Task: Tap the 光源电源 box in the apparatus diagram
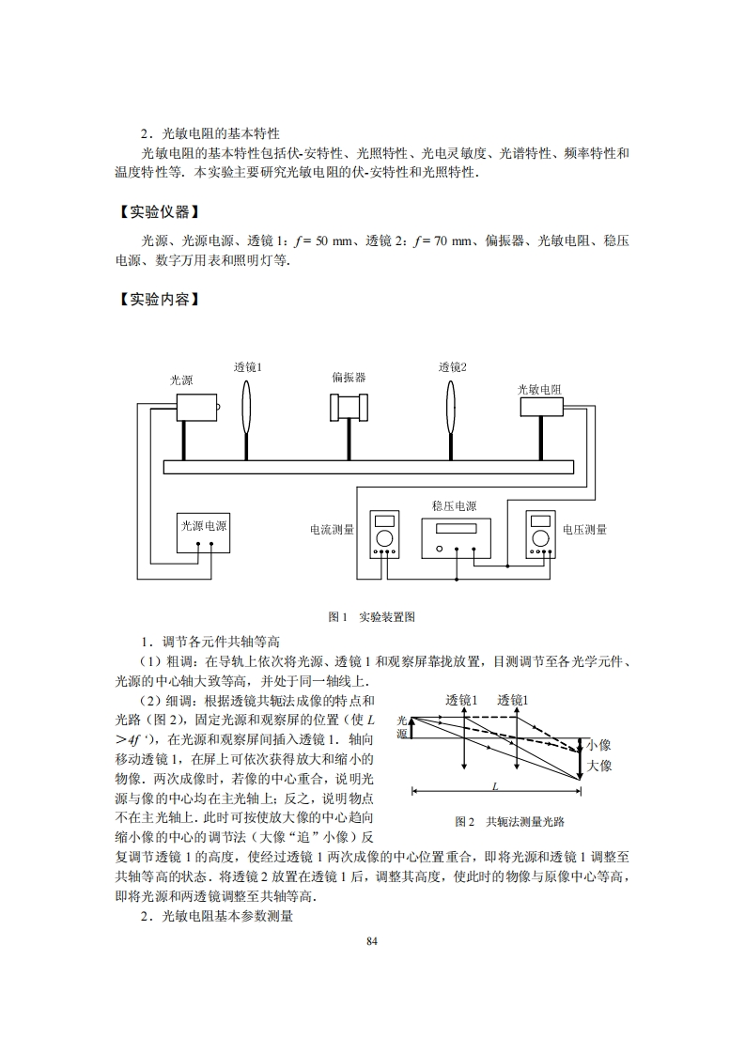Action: click(x=204, y=526)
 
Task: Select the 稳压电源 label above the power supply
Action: click(x=454, y=505)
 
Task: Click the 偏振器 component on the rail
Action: click(x=349, y=407)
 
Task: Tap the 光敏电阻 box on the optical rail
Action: click(x=541, y=406)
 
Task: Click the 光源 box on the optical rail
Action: click(x=195, y=407)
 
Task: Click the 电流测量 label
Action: click(x=333, y=530)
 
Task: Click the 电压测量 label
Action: click(x=584, y=530)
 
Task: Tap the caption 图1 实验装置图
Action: click(x=372, y=617)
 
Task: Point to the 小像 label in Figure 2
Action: click(x=598, y=745)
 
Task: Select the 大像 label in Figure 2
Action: click(x=598, y=767)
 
